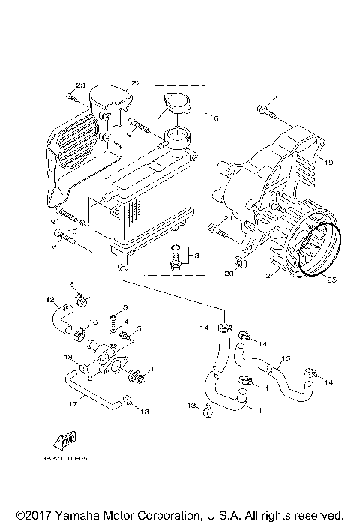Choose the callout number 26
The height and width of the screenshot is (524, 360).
(x=274, y=194)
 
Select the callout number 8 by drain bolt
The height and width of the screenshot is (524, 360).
(x=197, y=256)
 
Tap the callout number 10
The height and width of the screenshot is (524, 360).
(x=73, y=232)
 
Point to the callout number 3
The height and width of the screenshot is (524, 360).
(x=125, y=308)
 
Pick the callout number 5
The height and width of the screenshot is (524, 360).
(x=138, y=328)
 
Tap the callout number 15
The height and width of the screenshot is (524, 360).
(x=285, y=359)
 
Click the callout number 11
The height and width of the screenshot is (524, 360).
(x=257, y=410)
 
